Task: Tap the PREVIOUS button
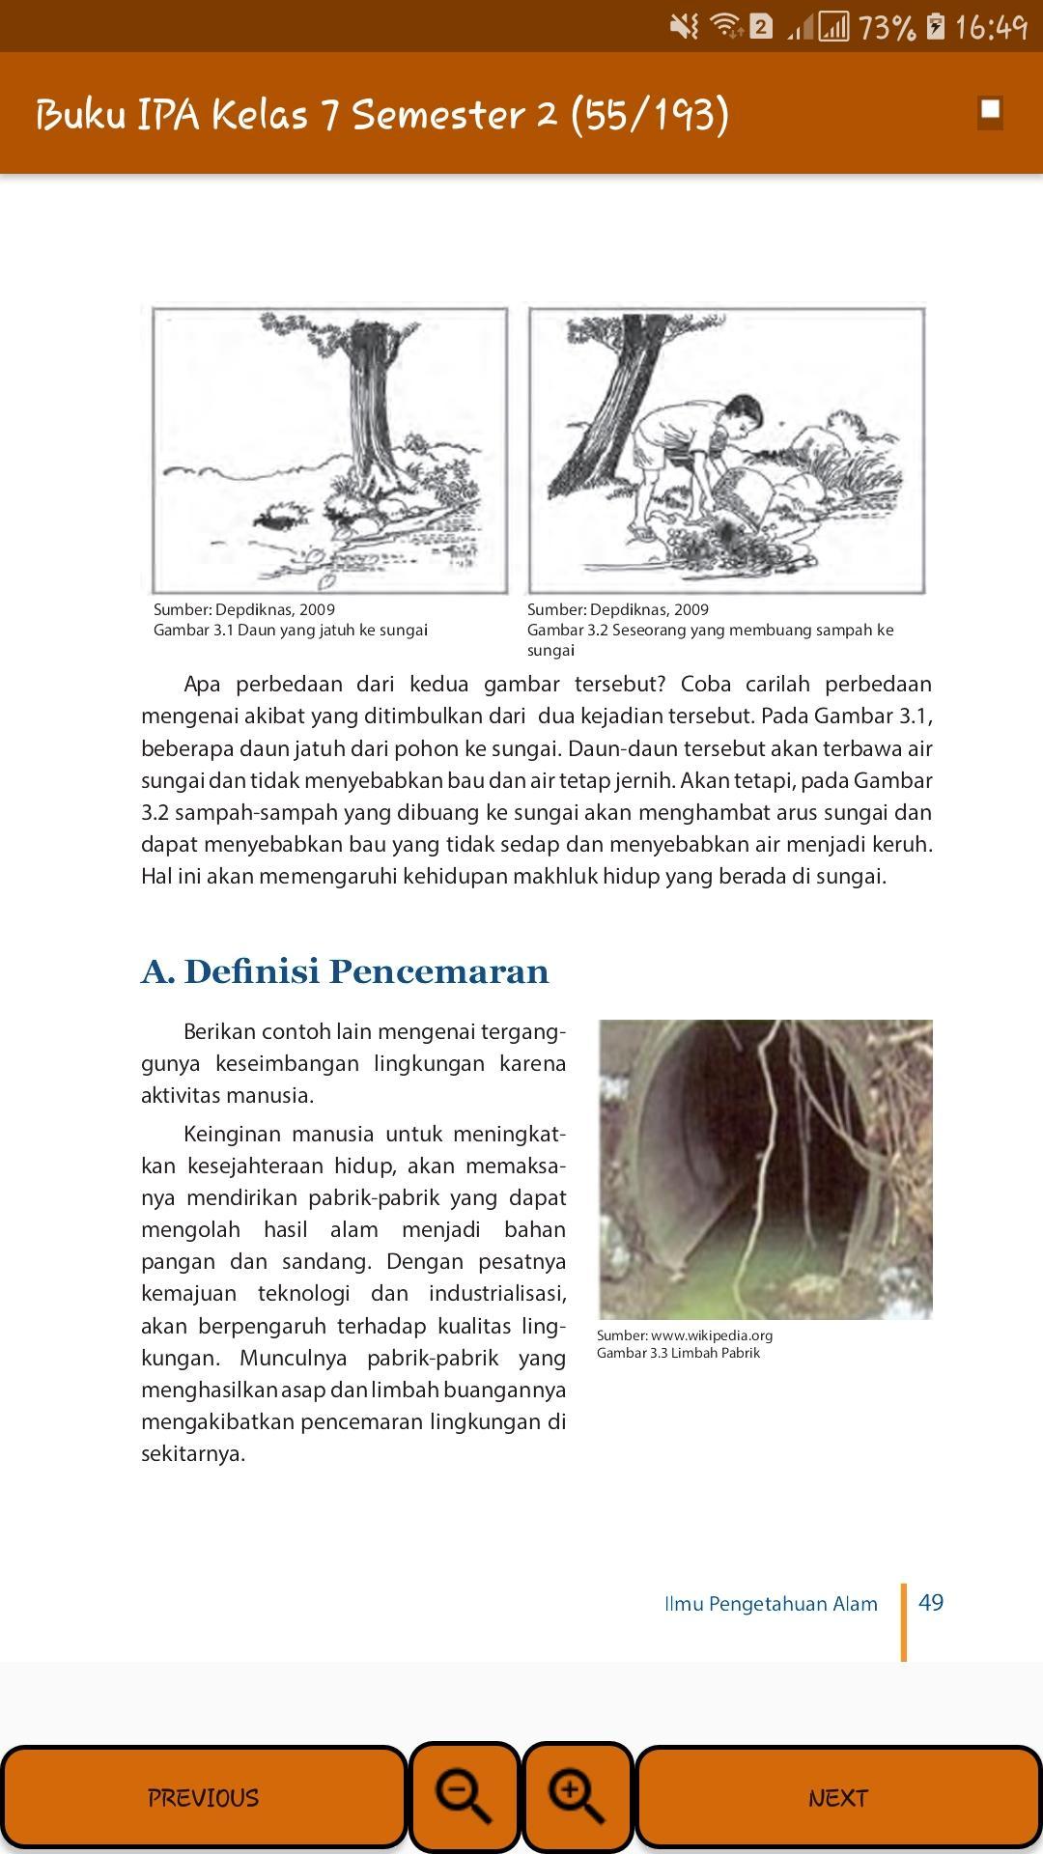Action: pyautogui.click(x=203, y=1797)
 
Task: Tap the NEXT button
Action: pyautogui.click(x=837, y=1797)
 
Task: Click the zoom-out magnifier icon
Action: pyautogui.click(x=465, y=1797)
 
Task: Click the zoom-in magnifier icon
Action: pyautogui.click(x=577, y=1797)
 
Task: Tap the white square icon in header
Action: pyautogui.click(x=990, y=111)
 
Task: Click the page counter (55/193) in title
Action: pyautogui.click(x=649, y=114)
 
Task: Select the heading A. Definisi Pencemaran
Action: pyautogui.click(x=345, y=971)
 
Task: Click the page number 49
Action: pyautogui.click(x=931, y=1603)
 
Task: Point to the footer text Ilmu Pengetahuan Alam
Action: pyautogui.click(x=771, y=1604)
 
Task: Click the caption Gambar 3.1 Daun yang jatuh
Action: pyautogui.click(x=290, y=631)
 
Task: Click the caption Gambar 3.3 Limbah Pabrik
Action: pyautogui.click(x=678, y=1353)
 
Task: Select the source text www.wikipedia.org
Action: pyautogui.click(x=711, y=1335)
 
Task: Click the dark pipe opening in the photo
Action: pyautogui.click(x=744, y=1139)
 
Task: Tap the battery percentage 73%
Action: pyautogui.click(x=886, y=27)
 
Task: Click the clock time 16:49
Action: pyautogui.click(x=990, y=27)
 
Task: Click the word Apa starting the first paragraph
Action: pyautogui.click(x=202, y=685)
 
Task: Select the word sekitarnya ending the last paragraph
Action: pyautogui.click(x=192, y=1454)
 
